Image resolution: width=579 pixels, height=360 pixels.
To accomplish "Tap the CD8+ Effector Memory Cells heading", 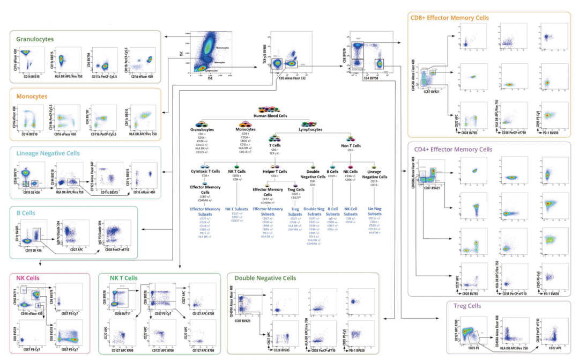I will click(x=449, y=18).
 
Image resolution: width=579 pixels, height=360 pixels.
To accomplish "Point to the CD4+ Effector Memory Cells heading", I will click(x=451, y=149).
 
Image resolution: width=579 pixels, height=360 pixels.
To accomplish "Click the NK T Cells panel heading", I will click(x=124, y=278).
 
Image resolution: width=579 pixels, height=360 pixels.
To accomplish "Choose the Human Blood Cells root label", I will click(x=276, y=116).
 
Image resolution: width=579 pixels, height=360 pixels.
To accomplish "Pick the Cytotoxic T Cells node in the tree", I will click(x=205, y=172).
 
